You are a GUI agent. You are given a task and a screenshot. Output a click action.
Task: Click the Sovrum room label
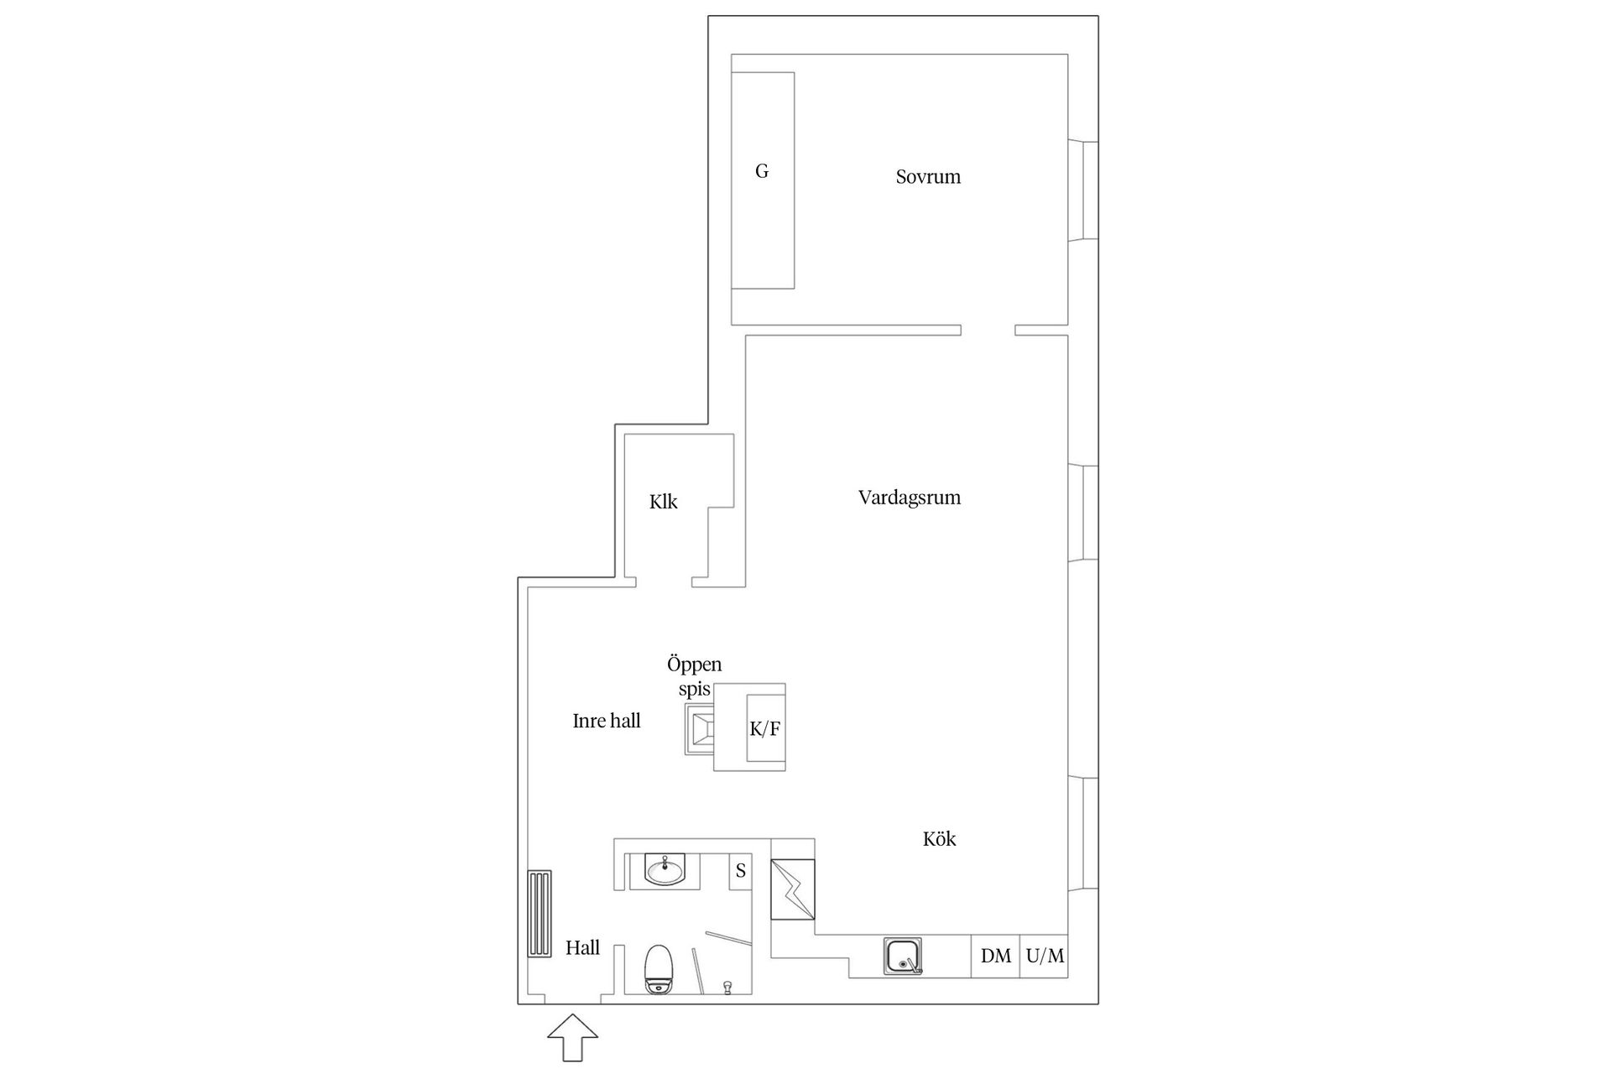coord(927,177)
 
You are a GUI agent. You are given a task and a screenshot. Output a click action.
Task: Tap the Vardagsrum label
coord(909,498)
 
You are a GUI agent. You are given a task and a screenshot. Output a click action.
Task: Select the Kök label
coord(939,839)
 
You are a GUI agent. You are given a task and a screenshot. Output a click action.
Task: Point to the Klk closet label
coord(663,502)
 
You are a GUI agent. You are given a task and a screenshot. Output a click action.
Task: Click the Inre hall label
coord(606,721)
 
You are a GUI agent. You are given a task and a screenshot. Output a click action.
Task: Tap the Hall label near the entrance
coord(582,948)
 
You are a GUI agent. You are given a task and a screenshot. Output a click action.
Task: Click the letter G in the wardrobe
coord(762,172)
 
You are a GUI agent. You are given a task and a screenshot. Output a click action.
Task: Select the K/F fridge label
coord(764,729)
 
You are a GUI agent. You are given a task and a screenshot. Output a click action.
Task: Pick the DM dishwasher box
coord(996,956)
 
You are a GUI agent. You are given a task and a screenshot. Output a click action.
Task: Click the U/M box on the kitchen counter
coord(1045,956)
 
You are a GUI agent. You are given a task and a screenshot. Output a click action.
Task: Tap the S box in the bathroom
coord(741,871)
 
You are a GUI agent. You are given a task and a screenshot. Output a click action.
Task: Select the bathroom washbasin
coord(665,870)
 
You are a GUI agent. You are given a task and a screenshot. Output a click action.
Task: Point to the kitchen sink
coord(903,957)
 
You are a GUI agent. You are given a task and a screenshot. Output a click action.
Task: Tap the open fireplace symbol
coord(700,728)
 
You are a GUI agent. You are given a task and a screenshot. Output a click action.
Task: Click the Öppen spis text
coord(694,676)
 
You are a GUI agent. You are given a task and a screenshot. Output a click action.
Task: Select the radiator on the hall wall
coord(540,914)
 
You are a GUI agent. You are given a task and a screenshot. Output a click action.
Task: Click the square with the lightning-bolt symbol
coord(793,889)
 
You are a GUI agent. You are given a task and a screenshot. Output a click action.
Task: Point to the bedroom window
coord(1084,191)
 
